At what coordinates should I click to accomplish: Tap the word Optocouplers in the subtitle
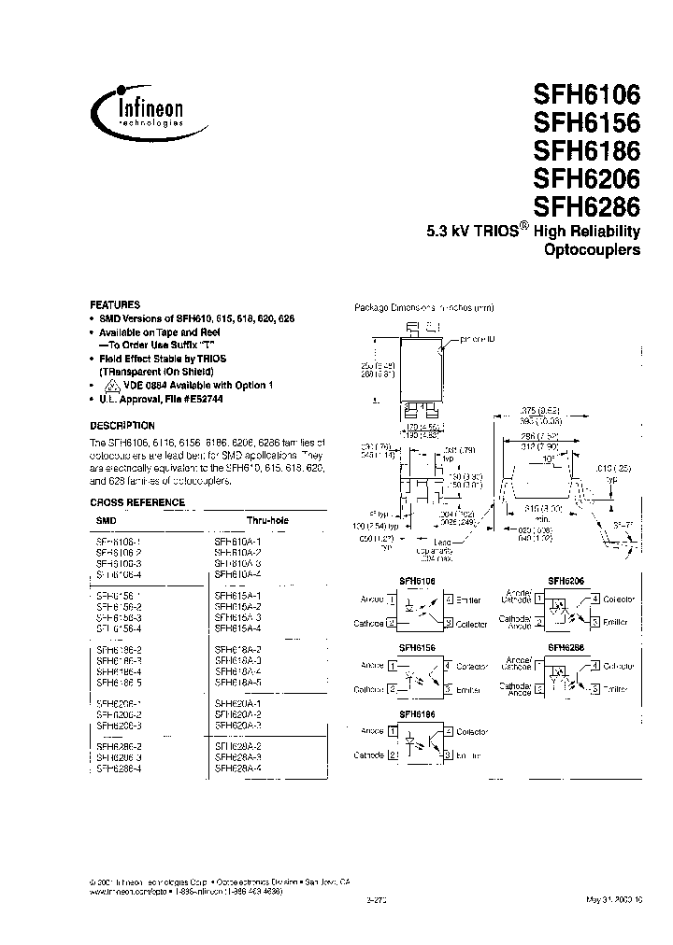coord(592,251)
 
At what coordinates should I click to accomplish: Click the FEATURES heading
coord(115,305)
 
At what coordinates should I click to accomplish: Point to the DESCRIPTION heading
coord(122,425)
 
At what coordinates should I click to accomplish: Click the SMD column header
coord(107,519)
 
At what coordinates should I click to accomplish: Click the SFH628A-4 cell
coord(237,768)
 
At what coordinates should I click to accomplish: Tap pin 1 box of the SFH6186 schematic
coord(391,731)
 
